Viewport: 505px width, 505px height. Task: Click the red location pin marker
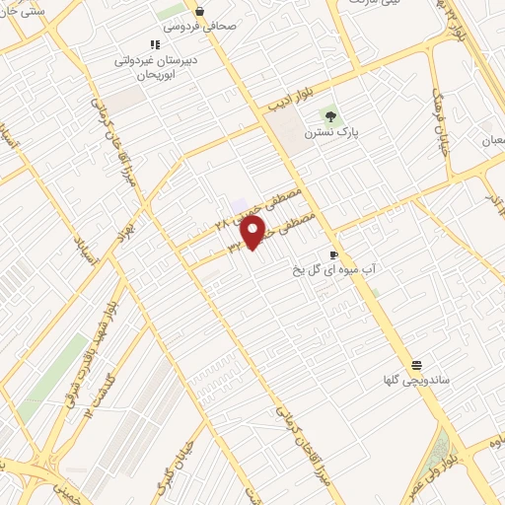pos(253,232)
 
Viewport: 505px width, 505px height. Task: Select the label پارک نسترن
pos(328,131)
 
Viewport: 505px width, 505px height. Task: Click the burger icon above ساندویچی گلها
pos(415,365)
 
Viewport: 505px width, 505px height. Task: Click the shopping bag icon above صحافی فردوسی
pos(200,12)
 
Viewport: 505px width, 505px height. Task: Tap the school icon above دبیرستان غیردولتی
pos(154,44)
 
